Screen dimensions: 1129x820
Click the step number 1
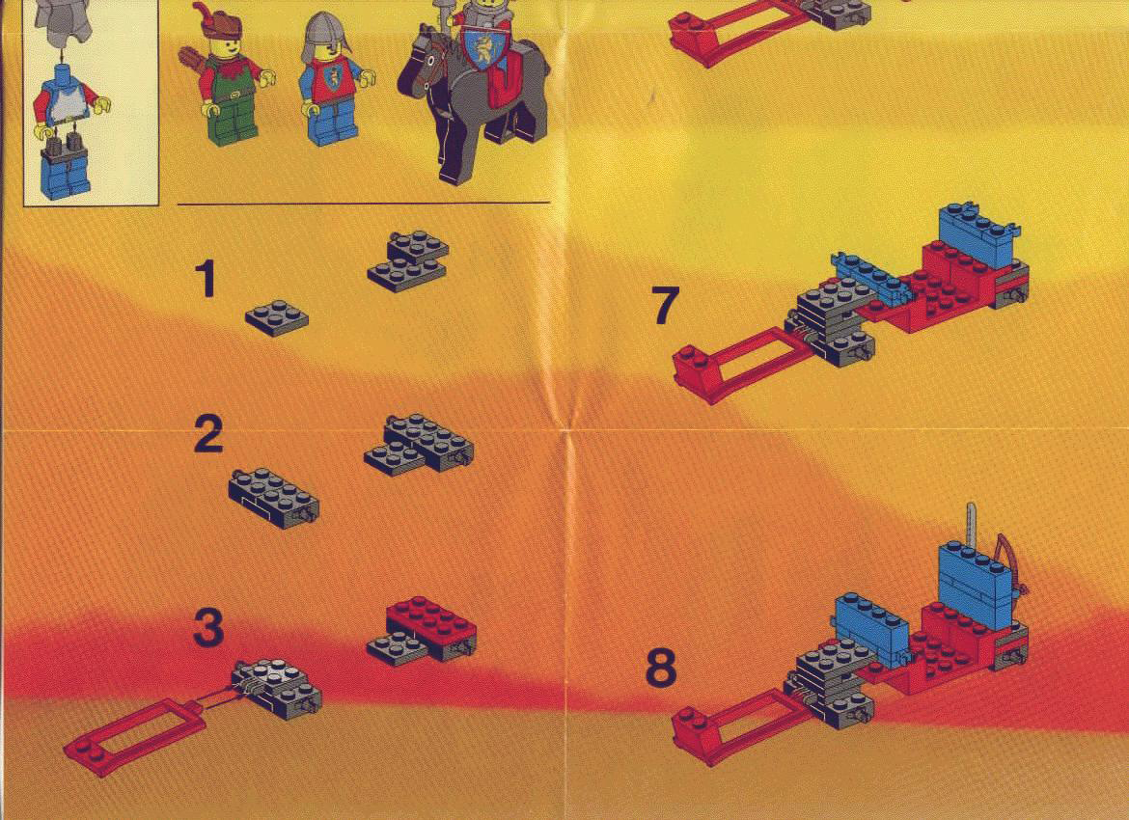tap(206, 279)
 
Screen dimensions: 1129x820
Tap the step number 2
tap(208, 435)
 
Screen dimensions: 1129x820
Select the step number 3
tap(208, 628)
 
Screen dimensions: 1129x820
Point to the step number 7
tap(665, 305)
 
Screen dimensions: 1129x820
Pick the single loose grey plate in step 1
tap(277, 319)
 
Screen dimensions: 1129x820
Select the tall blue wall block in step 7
tap(978, 234)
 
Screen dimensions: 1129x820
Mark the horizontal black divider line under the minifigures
tap(364, 205)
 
